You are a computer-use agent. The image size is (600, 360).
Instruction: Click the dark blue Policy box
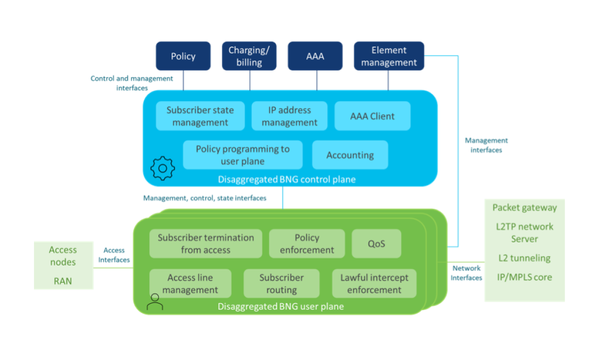coord(183,56)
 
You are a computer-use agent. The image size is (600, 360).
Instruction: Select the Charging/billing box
coord(249,56)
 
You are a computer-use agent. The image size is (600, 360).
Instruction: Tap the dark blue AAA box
coord(315,56)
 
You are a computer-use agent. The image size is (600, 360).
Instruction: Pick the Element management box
coord(389,56)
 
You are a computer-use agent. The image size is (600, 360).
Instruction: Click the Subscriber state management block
coord(200,116)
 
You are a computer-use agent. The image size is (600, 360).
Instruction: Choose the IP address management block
coord(289,116)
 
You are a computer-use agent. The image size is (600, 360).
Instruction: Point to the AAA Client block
coord(372,116)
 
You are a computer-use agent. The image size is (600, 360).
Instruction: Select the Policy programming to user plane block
coord(242,155)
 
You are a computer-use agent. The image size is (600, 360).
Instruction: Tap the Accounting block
coord(350,155)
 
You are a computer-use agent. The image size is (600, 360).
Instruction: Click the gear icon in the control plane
coord(162,168)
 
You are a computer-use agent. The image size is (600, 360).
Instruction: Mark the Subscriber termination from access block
coord(205,243)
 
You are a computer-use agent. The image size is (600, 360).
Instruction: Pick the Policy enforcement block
coord(307,243)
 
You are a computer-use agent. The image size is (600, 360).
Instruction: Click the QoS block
coord(376,243)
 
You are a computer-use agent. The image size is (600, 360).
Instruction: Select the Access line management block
coord(190,283)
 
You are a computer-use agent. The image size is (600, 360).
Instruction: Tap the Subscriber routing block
coord(281,283)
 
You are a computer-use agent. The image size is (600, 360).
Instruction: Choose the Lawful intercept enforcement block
coord(374,283)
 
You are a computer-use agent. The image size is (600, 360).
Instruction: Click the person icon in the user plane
coord(155,301)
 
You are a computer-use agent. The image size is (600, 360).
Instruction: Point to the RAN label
coord(63,281)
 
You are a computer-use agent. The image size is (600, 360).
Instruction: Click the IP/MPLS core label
coord(524,277)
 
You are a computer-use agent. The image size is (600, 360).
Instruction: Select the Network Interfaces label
coord(466,273)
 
